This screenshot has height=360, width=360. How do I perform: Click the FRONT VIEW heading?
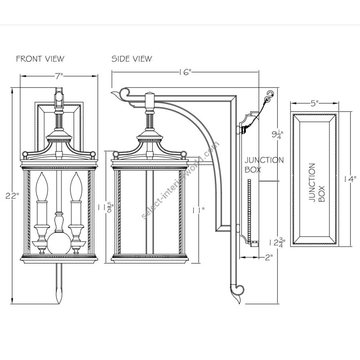tap(40, 59)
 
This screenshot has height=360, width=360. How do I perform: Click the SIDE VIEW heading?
tap(132, 59)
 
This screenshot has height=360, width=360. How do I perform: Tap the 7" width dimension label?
tap(59, 76)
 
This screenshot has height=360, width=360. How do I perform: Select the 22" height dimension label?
tap(12, 196)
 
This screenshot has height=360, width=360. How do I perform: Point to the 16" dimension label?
tap(185, 72)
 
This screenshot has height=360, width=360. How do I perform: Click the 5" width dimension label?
tap(314, 103)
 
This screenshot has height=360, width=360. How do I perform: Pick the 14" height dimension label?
tap(350, 179)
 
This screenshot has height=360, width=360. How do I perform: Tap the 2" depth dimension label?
tap(269, 257)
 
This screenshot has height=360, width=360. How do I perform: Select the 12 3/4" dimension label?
tap(278, 243)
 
